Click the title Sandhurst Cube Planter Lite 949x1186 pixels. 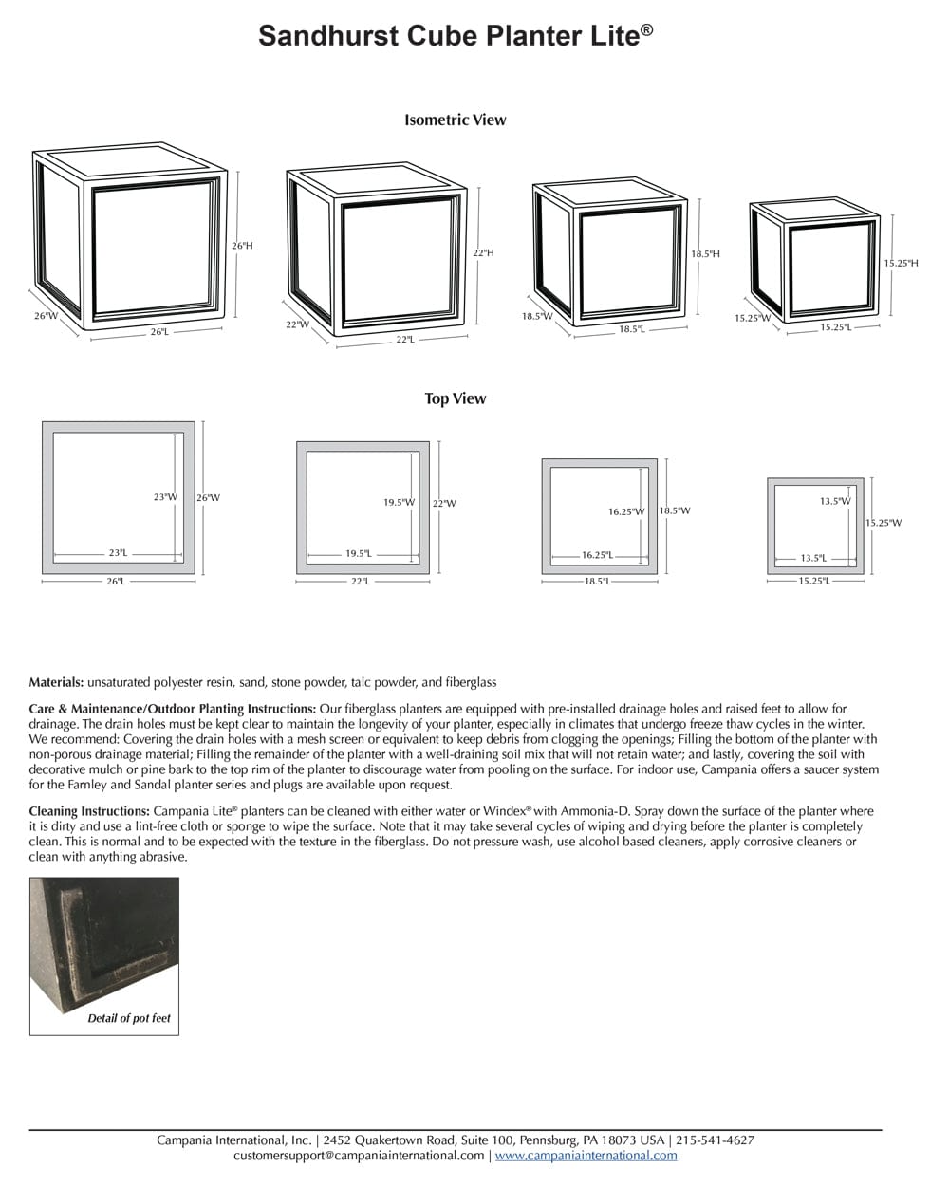455,36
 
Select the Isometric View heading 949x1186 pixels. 455,120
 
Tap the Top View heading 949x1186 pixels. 455,398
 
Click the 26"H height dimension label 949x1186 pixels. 242,246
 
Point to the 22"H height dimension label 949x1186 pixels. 483,253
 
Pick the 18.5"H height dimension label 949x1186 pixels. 705,254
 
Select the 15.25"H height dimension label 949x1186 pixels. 901,263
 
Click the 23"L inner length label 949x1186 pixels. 118,552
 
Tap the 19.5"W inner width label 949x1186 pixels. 399,502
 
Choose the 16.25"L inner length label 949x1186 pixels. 597,555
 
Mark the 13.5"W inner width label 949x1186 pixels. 835,501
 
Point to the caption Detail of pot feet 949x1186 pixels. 129,1018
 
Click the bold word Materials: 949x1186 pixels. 56,682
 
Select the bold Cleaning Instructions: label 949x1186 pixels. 89,811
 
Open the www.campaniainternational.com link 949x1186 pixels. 586,1156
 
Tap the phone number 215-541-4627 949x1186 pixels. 715,1140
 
